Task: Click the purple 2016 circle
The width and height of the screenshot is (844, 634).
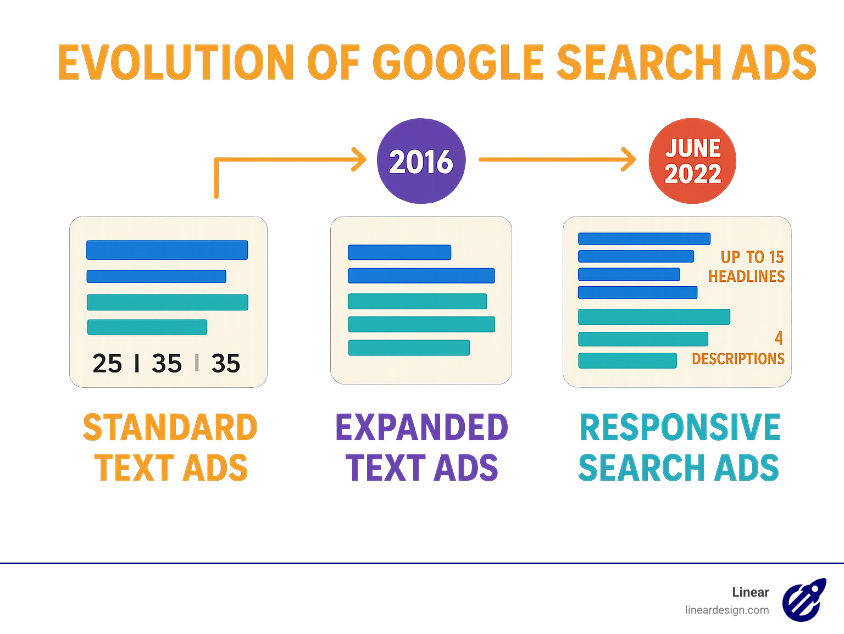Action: pos(421,161)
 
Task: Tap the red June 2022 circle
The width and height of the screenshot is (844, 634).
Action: pos(692,161)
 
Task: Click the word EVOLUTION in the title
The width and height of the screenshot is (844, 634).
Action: pos(175,62)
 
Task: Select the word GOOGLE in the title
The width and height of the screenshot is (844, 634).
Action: pos(458,62)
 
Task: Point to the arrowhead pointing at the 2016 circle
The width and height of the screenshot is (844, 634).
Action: pos(359,159)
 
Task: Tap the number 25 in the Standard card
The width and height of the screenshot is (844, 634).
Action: pos(107,364)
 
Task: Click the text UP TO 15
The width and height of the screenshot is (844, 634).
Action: pos(752,257)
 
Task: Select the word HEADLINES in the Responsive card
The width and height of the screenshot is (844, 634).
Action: pos(746,276)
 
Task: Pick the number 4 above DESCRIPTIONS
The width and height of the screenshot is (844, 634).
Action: pos(779,338)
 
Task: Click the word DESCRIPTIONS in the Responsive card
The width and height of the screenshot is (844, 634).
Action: pos(738,359)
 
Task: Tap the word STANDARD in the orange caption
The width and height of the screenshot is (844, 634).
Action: pos(170,428)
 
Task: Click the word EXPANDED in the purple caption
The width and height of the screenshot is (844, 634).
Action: pos(421,428)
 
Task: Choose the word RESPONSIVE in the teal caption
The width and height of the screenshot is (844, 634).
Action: pos(680,428)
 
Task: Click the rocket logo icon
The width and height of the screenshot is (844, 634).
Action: pos(804,600)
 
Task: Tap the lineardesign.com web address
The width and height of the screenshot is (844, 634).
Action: pos(726,610)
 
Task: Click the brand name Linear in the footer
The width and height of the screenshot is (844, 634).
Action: pos(750,592)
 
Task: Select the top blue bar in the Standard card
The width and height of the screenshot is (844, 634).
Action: pos(167,250)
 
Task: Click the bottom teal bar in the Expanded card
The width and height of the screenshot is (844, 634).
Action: pos(409,348)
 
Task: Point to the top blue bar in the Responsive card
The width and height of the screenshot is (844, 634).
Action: pos(644,238)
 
